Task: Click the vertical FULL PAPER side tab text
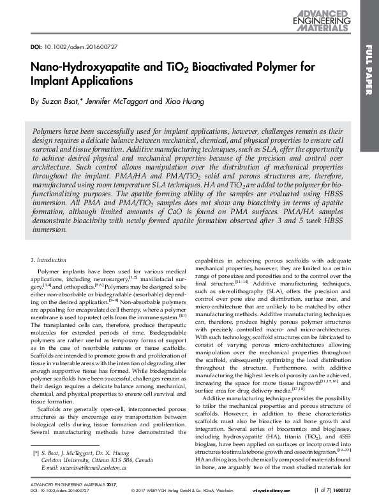pos(369,77)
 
